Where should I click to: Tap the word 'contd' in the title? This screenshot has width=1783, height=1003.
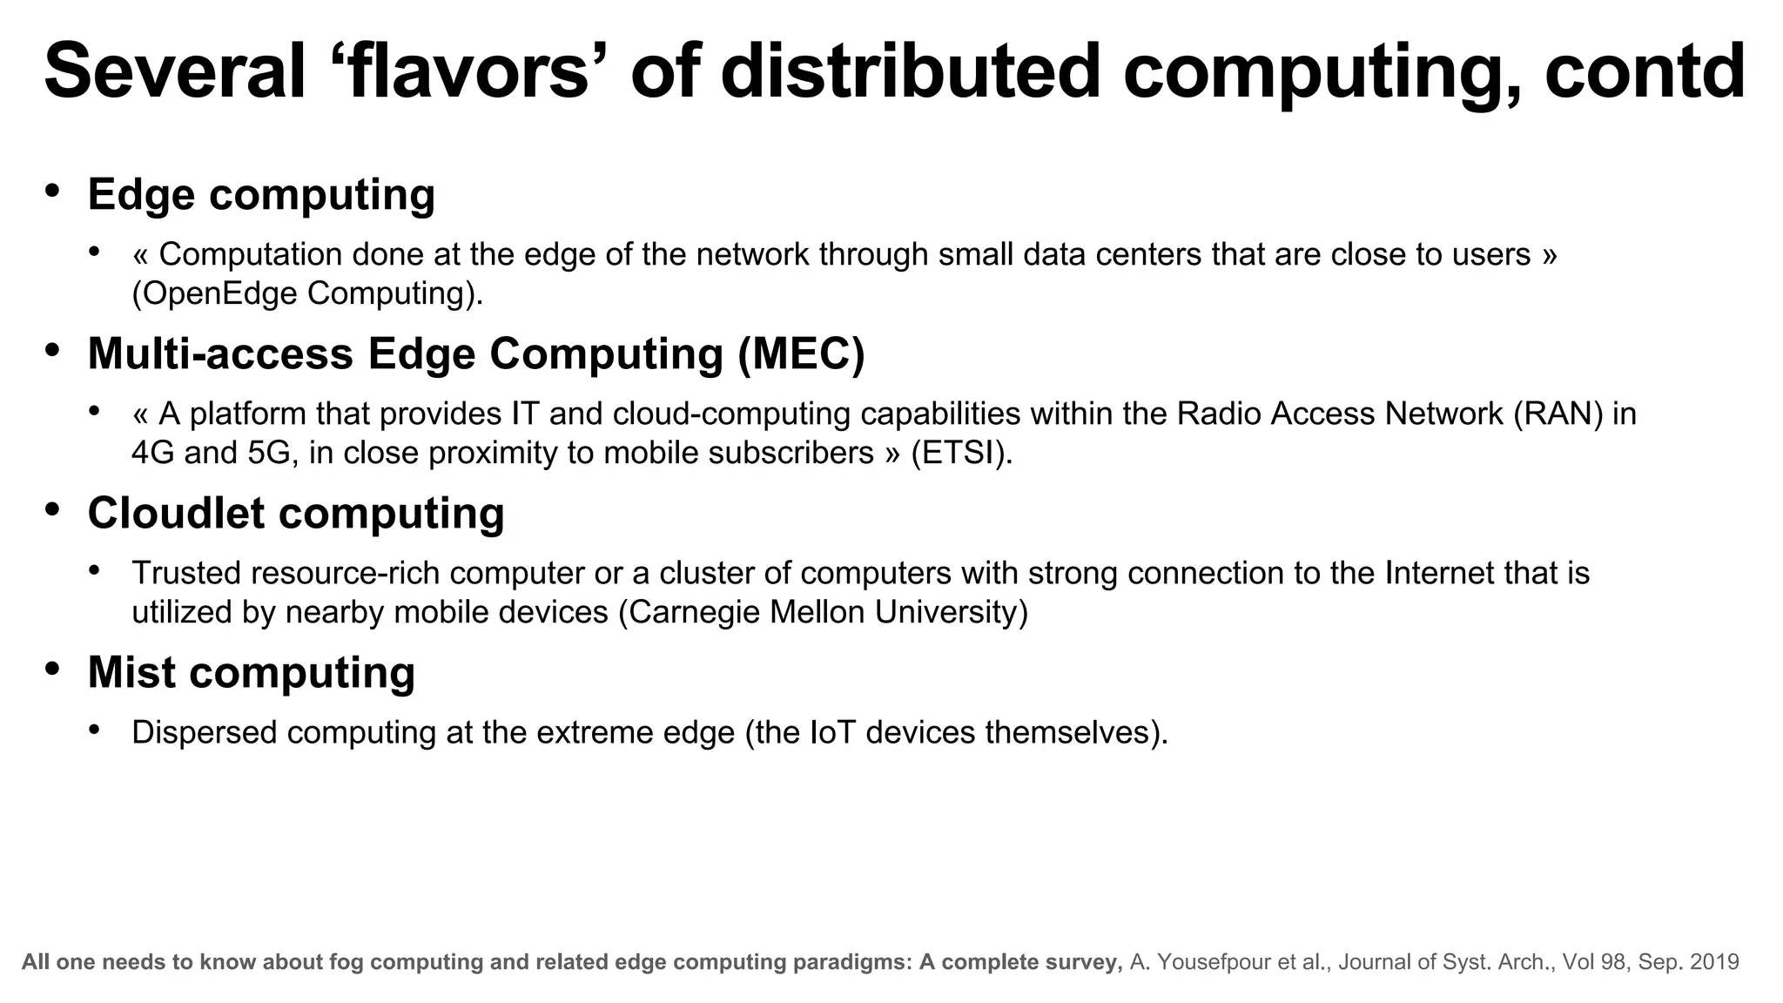click(x=1645, y=71)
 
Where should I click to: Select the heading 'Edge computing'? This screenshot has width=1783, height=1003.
click(x=261, y=194)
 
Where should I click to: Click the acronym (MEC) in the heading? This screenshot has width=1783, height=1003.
click(x=801, y=353)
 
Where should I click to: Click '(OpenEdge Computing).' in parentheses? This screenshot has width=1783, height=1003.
click(x=307, y=293)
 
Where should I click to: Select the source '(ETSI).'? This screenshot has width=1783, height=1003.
click(x=962, y=453)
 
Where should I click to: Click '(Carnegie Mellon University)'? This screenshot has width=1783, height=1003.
click(x=823, y=612)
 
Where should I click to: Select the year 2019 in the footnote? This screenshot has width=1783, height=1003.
click(x=1714, y=962)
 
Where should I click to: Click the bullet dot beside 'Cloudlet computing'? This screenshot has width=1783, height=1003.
click(x=53, y=508)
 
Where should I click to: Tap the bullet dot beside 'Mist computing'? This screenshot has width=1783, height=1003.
click(x=53, y=668)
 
